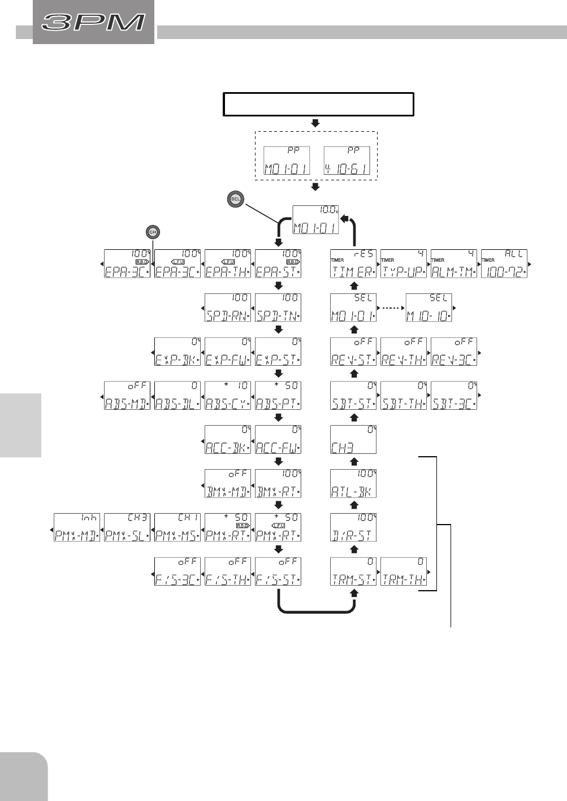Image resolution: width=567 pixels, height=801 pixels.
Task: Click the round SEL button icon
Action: (x=236, y=199)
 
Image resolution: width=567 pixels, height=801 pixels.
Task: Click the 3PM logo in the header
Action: (x=94, y=23)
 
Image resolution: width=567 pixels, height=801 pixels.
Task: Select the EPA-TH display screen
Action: (x=228, y=264)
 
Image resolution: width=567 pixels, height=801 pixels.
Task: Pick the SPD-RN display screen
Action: (x=228, y=308)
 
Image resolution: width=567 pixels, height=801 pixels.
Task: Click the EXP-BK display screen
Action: (x=178, y=352)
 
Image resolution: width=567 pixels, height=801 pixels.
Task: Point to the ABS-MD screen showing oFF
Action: (x=127, y=396)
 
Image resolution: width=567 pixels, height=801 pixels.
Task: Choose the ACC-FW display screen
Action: (x=278, y=440)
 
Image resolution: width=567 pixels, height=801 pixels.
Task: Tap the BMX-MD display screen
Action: (x=228, y=484)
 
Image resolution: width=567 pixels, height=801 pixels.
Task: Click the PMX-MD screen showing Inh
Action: (x=77, y=528)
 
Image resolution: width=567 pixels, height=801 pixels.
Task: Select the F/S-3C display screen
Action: (x=178, y=571)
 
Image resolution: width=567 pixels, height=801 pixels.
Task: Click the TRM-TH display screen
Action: (x=404, y=571)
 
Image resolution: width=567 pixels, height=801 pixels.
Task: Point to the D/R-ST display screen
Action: (x=353, y=528)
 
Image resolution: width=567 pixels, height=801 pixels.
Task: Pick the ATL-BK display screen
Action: (x=353, y=484)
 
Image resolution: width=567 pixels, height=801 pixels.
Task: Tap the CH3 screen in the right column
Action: (x=353, y=440)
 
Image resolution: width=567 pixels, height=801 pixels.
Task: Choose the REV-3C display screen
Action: (x=454, y=352)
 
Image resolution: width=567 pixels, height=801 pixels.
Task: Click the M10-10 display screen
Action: (x=429, y=308)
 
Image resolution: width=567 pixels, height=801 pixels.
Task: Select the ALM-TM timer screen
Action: (x=454, y=264)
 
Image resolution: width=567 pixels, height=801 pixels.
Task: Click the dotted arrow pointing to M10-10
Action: (x=391, y=308)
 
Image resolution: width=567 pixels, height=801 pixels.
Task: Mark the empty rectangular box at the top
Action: (x=319, y=105)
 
